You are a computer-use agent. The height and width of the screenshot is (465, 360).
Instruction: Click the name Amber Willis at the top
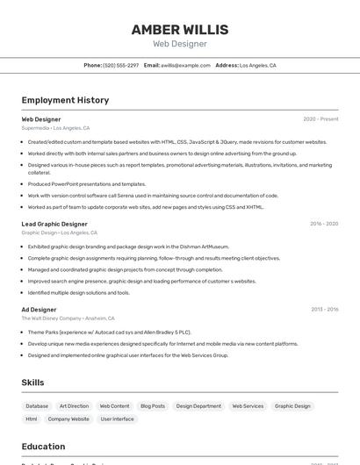(x=180, y=30)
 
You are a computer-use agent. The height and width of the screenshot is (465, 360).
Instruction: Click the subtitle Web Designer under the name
(x=180, y=44)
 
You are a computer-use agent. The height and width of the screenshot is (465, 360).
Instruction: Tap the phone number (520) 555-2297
(x=120, y=65)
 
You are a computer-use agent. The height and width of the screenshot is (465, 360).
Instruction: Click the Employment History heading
(x=65, y=100)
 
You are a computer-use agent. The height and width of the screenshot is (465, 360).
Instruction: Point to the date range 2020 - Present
(x=320, y=118)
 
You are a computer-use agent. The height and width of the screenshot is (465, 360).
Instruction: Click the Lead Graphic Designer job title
(x=54, y=224)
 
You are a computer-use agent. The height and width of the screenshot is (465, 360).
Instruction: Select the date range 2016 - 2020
(x=324, y=224)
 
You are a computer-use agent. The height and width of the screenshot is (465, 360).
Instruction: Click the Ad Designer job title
(x=39, y=309)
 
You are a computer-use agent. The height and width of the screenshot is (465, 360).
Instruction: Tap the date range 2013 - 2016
(x=324, y=309)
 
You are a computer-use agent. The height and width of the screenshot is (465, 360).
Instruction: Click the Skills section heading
(x=32, y=383)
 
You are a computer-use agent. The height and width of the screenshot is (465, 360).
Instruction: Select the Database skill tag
(x=37, y=406)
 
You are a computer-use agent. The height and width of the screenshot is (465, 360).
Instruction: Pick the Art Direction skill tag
(x=74, y=406)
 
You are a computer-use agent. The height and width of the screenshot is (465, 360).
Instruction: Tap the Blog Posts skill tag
(x=153, y=406)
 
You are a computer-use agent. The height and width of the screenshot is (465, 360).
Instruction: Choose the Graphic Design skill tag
(x=292, y=406)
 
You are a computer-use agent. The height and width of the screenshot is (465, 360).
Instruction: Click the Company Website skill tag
(x=68, y=419)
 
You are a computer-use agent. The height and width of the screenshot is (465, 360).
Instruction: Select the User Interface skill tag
(x=118, y=419)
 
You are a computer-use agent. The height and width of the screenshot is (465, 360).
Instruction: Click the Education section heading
(x=43, y=447)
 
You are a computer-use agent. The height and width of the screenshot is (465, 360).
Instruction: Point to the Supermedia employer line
(x=55, y=127)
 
